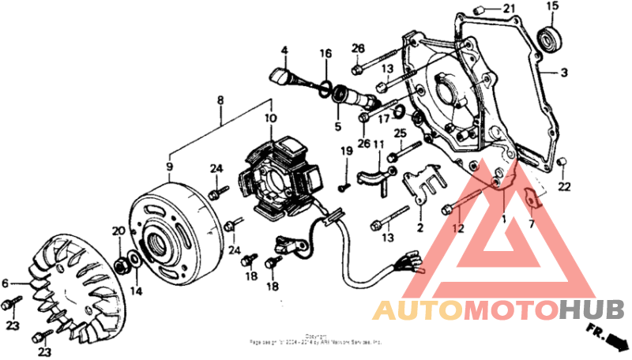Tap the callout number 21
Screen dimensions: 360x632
pyautogui.click(x=508, y=9)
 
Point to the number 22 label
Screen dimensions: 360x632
pyautogui.click(x=563, y=186)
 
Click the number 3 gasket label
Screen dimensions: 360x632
pyautogui.click(x=564, y=73)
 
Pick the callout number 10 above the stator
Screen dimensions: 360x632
pyautogui.click(x=270, y=118)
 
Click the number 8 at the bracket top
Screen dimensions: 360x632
pyautogui.click(x=220, y=100)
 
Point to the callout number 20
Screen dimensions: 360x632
pyautogui.click(x=118, y=231)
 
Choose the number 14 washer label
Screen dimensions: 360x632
pyautogui.click(x=137, y=291)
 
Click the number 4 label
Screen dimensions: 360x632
pyautogui.click(x=284, y=51)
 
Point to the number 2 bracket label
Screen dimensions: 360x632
pyautogui.click(x=420, y=228)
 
